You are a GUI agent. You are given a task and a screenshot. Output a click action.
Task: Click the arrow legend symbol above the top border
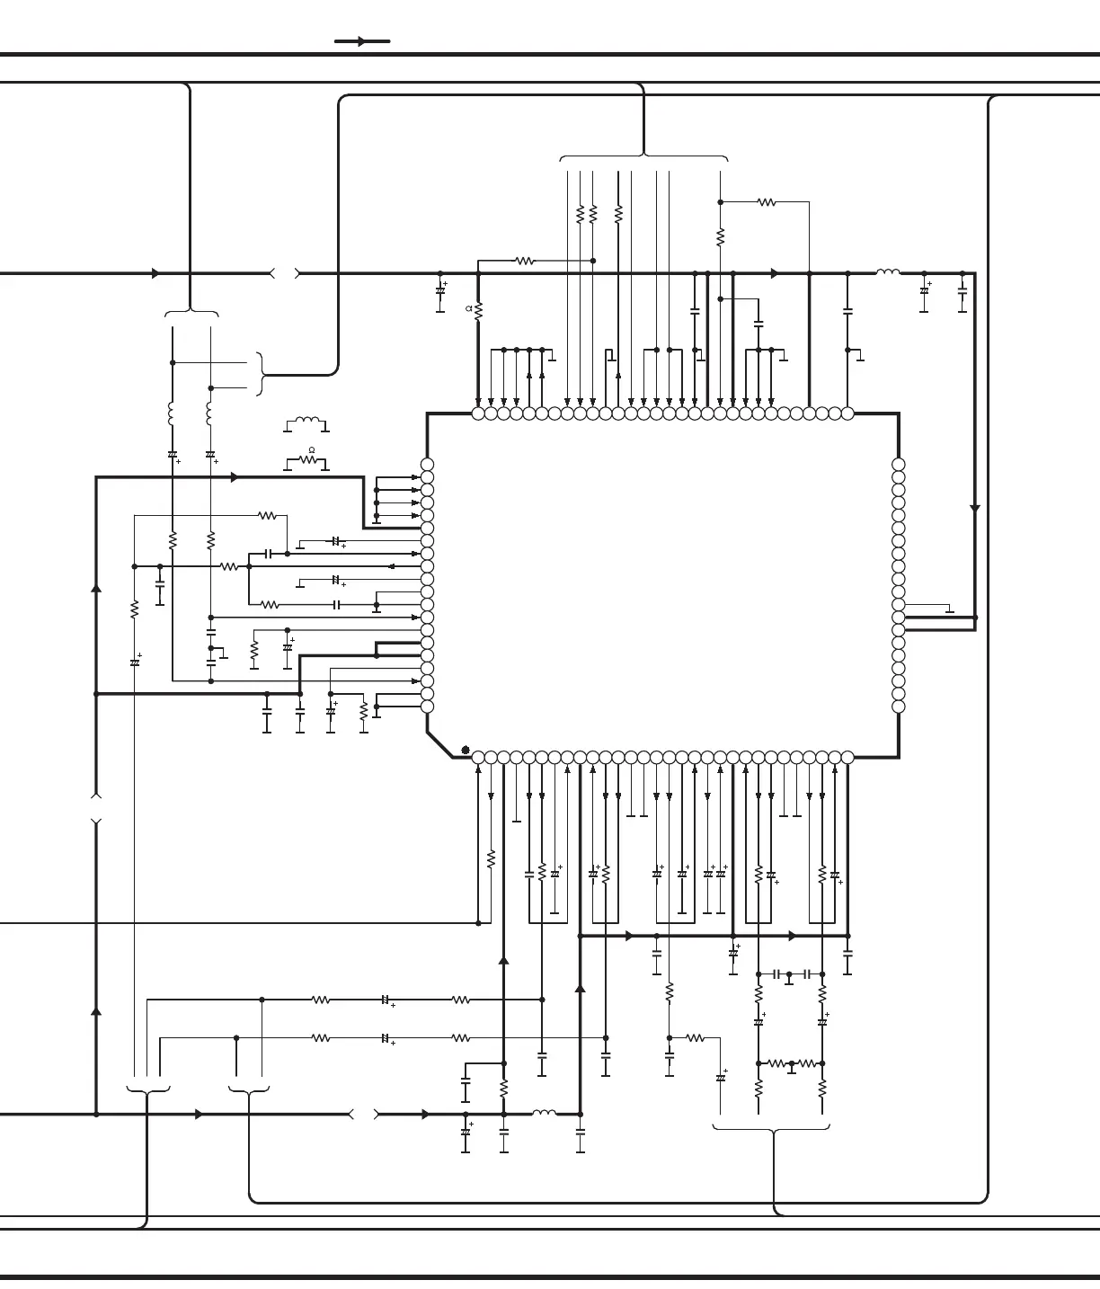pyautogui.click(x=362, y=41)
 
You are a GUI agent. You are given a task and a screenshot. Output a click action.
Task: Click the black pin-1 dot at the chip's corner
pyautogui.click(x=466, y=750)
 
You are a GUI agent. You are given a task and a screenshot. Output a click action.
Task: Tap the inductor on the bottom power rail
pyautogui.click(x=544, y=1113)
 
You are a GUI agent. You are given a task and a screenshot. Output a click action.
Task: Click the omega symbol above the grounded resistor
pyautogui.click(x=312, y=449)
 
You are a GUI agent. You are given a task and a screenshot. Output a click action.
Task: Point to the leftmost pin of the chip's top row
pyautogui.click(x=478, y=413)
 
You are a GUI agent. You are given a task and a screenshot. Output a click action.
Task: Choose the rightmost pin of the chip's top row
pyautogui.click(x=847, y=413)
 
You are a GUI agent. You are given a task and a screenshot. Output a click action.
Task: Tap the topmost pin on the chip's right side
pyautogui.click(x=899, y=465)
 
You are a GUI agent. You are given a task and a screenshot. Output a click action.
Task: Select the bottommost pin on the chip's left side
pyautogui.click(x=427, y=707)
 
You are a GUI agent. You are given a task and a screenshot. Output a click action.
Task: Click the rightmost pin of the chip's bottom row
pyautogui.click(x=847, y=758)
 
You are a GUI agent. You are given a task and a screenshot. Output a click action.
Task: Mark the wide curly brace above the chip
pyautogui.click(x=643, y=158)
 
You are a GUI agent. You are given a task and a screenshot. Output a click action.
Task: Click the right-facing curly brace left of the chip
pyautogui.click(x=261, y=374)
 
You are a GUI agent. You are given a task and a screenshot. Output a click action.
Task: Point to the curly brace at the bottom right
pyautogui.click(x=771, y=1128)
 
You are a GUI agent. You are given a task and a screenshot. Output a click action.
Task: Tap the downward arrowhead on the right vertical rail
pyautogui.click(x=975, y=509)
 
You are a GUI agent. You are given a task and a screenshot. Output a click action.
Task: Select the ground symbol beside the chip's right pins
pyautogui.click(x=949, y=610)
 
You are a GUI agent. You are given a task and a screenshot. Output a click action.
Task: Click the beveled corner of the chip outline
pyautogui.click(x=439, y=745)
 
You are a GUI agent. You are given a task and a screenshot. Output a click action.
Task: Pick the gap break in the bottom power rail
pyautogui.click(x=364, y=1115)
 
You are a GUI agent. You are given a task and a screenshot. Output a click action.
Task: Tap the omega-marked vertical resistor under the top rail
pyautogui.click(x=478, y=310)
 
